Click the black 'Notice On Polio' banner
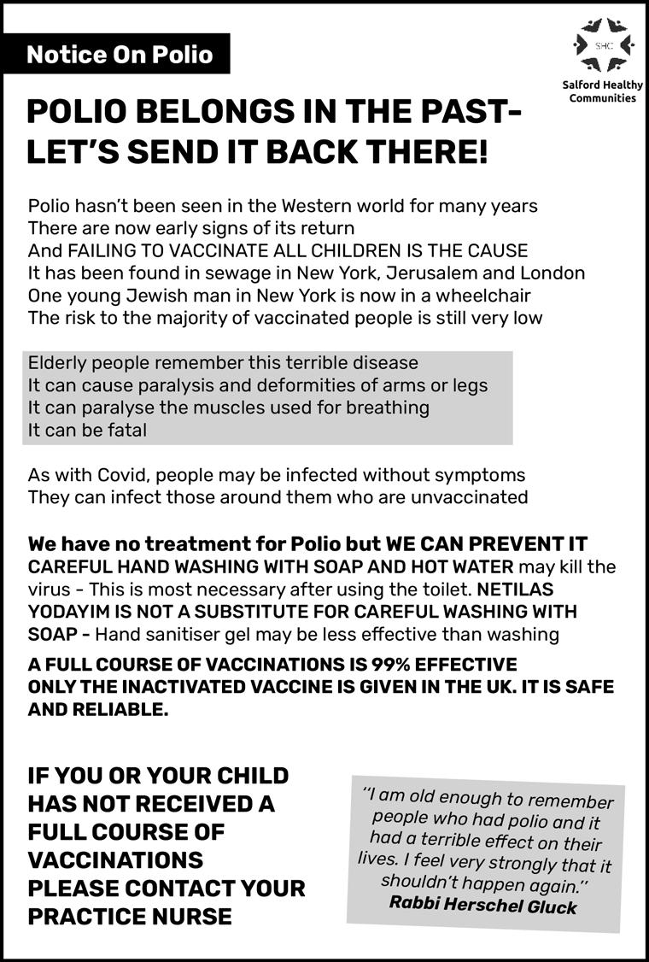coord(119,56)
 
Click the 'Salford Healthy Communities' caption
coord(603,91)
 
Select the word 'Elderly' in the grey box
coord(57,363)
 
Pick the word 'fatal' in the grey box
coord(126,430)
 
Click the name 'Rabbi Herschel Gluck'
coord(482,904)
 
